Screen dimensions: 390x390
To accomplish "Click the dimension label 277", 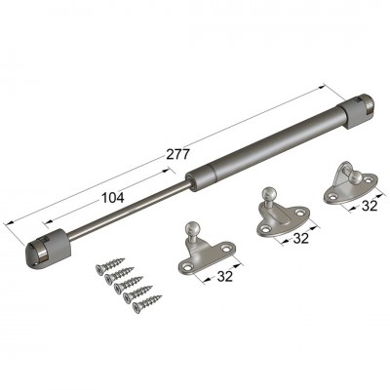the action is pyautogui.click(x=177, y=154).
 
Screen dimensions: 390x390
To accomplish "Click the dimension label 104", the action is pyautogui.click(x=113, y=198).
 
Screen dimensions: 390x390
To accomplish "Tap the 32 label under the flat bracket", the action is pyautogui.click(x=225, y=276).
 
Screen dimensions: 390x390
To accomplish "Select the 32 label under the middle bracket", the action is pyautogui.click(x=301, y=238).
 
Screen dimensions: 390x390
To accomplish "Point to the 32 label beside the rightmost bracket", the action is pyautogui.click(x=370, y=206).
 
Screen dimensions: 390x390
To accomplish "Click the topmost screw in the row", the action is pyautogui.click(x=110, y=265).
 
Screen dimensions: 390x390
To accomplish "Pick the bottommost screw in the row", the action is pyautogui.click(x=147, y=302).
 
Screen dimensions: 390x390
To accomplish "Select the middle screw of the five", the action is pyautogui.click(x=129, y=284).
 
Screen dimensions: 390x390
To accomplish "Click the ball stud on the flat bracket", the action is pyautogui.click(x=191, y=228).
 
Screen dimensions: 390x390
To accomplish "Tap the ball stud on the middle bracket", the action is pyautogui.click(x=270, y=194).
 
